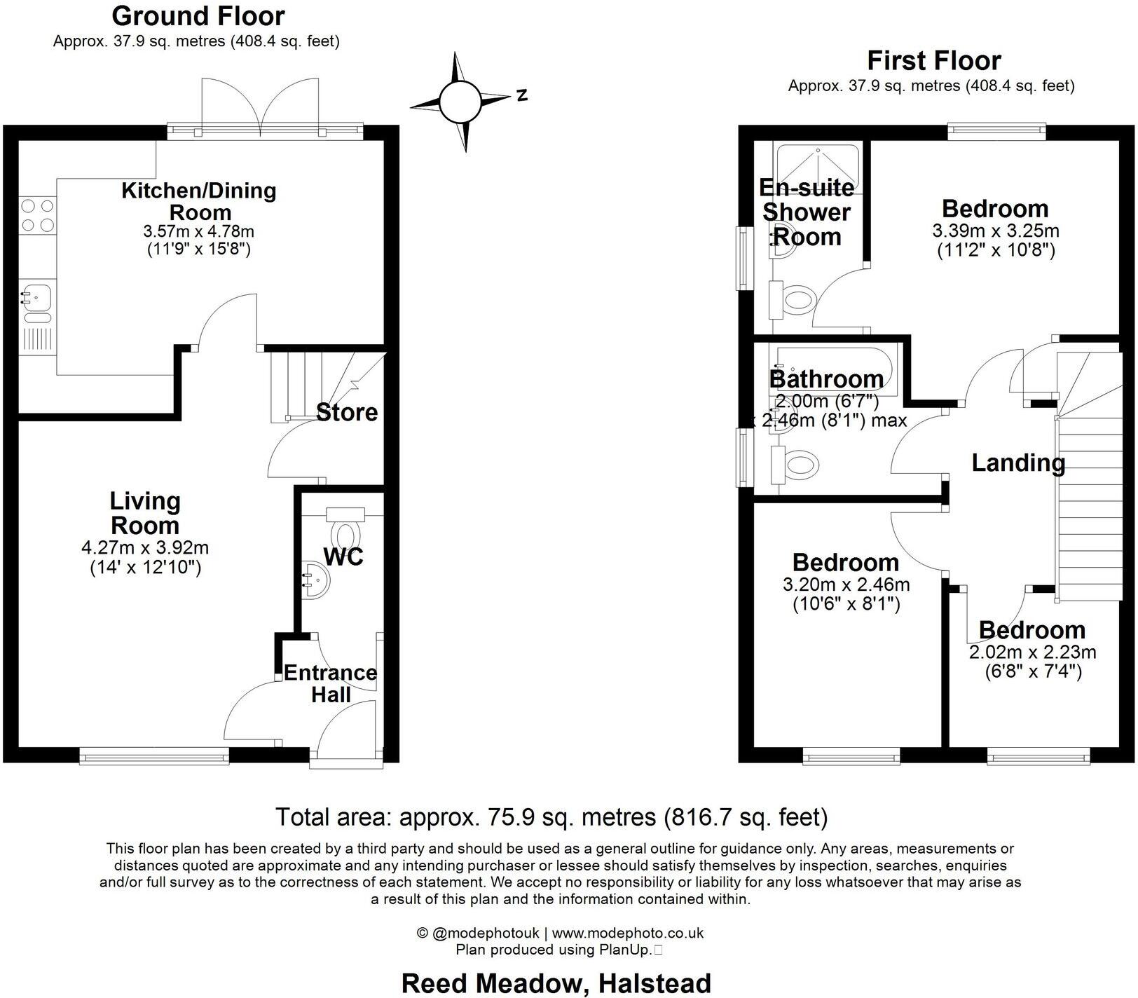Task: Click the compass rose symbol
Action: click(x=460, y=102)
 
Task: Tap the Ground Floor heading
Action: click(x=198, y=16)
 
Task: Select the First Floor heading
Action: click(x=934, y=61)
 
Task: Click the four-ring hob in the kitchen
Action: click(x=37, y=215)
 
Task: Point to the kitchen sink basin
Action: click(x=36, y=297)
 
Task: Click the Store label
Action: click(x=347, y=412)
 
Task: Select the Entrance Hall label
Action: click(x=331, y=683)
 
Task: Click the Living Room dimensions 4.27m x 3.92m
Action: click(x=145, y=547)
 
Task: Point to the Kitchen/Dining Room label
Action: click(x=200, y=201)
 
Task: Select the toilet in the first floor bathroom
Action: click(x=795, y=465)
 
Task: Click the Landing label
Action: click(x=1018, y=463)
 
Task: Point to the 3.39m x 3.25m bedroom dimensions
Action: click(x=995, y=231)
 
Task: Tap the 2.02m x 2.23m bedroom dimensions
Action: click(x=1032, y=652)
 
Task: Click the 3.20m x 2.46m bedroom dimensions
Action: click(x=846, y=585)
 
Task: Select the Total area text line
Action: click(x=551, y=817)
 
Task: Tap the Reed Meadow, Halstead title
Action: click(x=556, y=983)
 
